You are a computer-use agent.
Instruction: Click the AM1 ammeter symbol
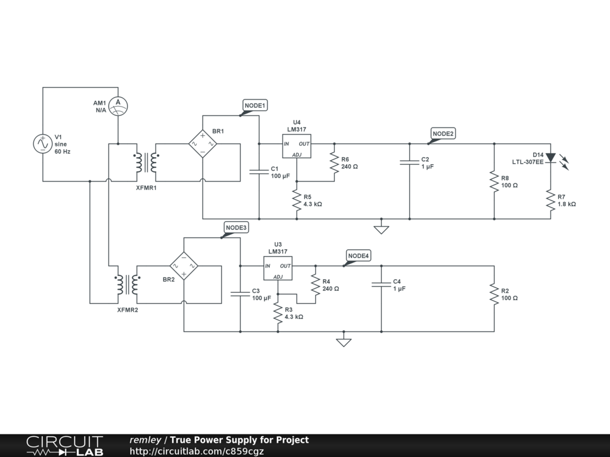[x=118, y=106]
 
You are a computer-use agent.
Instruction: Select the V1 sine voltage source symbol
[x=43, y=144]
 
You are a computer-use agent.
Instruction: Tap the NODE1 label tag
[x=255, y=105]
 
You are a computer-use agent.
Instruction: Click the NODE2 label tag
[x=443, y=134]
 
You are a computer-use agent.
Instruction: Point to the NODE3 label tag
[x=236, y=228]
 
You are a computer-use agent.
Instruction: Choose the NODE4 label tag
[x=358, y=256]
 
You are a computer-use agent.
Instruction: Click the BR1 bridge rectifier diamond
[x=203, y=144]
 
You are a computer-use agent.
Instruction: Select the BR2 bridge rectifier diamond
[x=184, y=266]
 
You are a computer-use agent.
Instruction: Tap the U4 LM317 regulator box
[x=297, y=146]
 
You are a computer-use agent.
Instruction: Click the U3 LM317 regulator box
[x=278, y=268]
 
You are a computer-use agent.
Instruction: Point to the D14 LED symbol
[x=550, y=158]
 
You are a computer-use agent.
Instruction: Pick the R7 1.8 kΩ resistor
[x=550, y=200]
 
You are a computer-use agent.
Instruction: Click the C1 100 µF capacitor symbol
[x=259, y=172]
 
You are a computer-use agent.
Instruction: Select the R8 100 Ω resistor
[x=494, y=181]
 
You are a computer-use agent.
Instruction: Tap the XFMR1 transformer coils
[x=147, y=162]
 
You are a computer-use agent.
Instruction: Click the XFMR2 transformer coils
[x=127, y=285]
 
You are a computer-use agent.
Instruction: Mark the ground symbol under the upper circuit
[x=381, y=230]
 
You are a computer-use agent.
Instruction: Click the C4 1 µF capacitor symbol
[x=381, y=284]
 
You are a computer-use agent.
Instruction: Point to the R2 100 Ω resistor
[x=494, y=294]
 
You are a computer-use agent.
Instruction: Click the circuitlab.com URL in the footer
[x=197, y=451]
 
